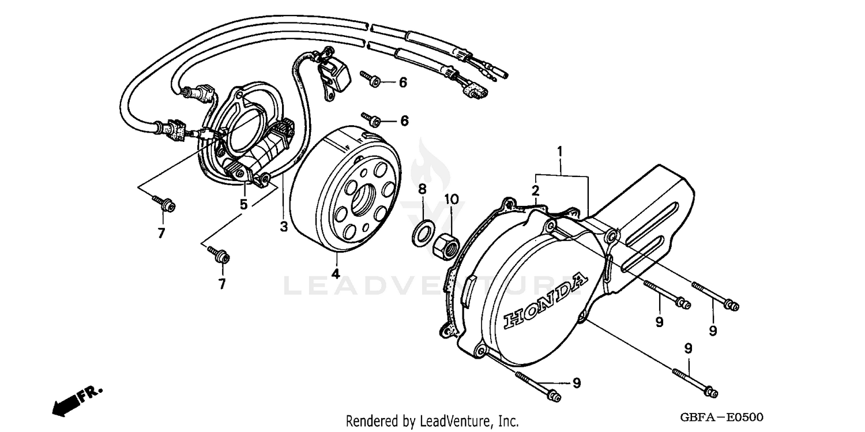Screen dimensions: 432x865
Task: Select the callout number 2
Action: (536, 190)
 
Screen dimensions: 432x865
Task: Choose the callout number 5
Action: (244, 204)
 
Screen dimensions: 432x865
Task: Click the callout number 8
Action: (422, 189)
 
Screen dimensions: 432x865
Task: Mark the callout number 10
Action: (452, 199)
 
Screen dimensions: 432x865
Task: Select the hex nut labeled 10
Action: (446, 245)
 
